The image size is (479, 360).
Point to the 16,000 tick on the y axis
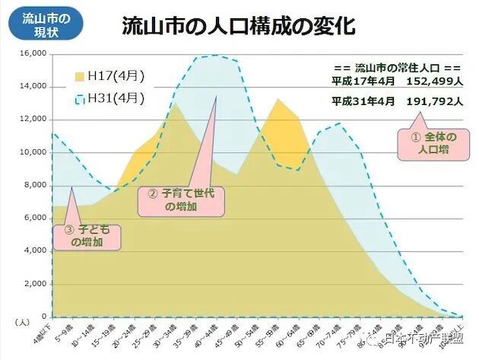click(33, 54)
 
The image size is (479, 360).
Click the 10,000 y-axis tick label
click(33, 153)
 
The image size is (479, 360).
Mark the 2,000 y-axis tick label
click(35, 284)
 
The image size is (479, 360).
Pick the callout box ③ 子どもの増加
click(90, 235)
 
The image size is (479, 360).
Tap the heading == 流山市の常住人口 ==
click(397, 67)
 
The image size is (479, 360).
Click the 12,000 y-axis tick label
click(33, 120)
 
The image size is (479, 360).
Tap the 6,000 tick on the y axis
click(35, 218)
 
